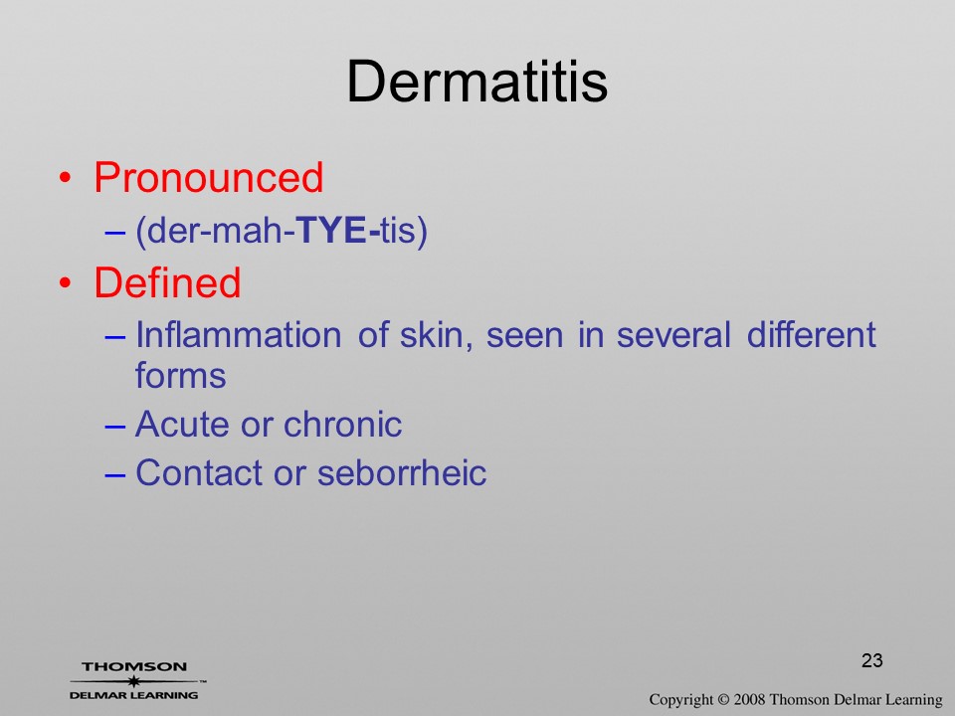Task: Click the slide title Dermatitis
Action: click(477, 82)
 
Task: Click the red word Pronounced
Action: click(208, 177)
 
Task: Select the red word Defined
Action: click(167, 282)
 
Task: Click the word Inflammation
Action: click(238, 334)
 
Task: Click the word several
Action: click(673, 334)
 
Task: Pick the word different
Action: click(812, 334)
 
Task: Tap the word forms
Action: click(180, 375)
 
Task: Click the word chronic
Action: click(343, 424)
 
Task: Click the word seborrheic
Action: click(402, 472)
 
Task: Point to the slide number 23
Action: click(872, 660)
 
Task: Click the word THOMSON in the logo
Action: click(134, 666)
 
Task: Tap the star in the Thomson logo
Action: click(133, 681)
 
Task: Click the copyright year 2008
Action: click(749, 699)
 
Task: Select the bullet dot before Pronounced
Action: click(66, 178)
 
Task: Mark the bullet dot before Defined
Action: click(66, 283)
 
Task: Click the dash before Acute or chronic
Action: click(115, 427)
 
